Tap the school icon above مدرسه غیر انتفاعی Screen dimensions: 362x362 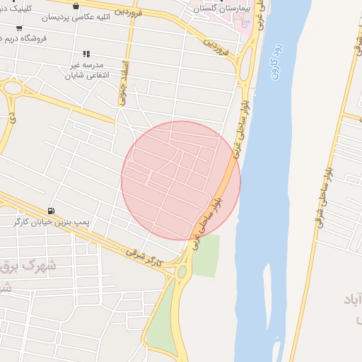pyautogui.click(x=86, y=54)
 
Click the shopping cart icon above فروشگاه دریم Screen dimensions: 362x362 pyautogui.click(x=19, y=28)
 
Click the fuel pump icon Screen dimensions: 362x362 pyautogui.click(x=50, y=211)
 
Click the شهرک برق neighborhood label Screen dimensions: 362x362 pyautogui.click(x=28, y=266)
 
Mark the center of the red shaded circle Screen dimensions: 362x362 pyautogui.click(x=181, y=180)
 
